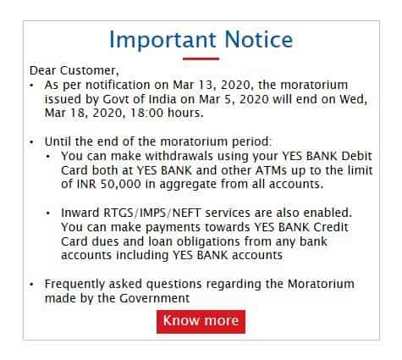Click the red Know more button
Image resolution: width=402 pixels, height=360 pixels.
201,322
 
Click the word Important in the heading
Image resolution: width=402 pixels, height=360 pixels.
162,40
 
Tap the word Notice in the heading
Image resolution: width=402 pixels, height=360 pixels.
259,39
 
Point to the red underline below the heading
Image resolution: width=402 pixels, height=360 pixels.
201,58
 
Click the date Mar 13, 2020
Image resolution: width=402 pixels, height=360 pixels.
212,85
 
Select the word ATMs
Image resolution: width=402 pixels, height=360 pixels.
272,170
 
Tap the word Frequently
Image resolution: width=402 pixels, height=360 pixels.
74,285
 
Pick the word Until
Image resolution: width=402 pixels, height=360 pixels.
58,141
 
